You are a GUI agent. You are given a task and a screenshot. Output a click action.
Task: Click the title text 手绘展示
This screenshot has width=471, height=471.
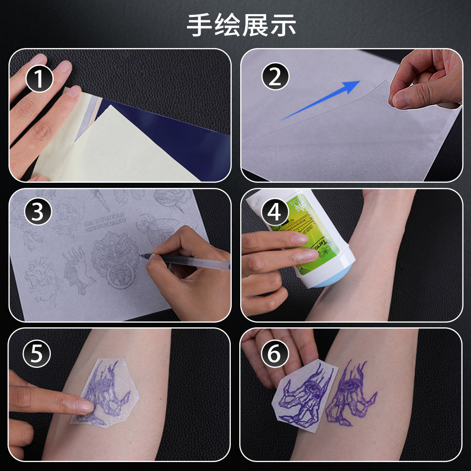241,25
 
